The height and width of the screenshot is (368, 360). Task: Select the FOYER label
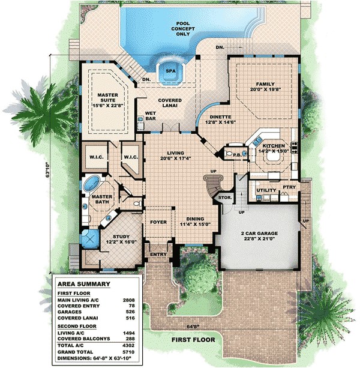[158, 222]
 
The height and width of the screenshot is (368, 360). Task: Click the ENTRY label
[158, 253]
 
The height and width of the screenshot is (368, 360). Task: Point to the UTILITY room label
[266, 190]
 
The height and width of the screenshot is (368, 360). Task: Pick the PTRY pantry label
[289, 188]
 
